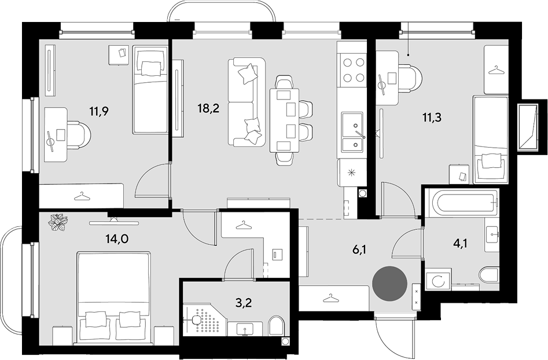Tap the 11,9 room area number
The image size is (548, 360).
[x=99, y=112]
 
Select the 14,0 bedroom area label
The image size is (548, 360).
[x=116, y=238]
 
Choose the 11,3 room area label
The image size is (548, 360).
[x=432, y=118]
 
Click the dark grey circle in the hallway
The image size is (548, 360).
[x=389, y=283]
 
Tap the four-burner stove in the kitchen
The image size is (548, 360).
[x=352, y=70]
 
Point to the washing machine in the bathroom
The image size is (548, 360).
[x=437, y=280]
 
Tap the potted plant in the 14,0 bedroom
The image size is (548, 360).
[x=58, y=222]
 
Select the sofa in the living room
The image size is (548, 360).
[x=247, y=102]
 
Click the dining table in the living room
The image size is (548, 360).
[x=285, y=120]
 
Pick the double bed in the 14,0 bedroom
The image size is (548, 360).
[x=114, y=297]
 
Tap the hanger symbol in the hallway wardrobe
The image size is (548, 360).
[x=331, y=298]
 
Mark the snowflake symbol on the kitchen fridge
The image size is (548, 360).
[x=350, y=172]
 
